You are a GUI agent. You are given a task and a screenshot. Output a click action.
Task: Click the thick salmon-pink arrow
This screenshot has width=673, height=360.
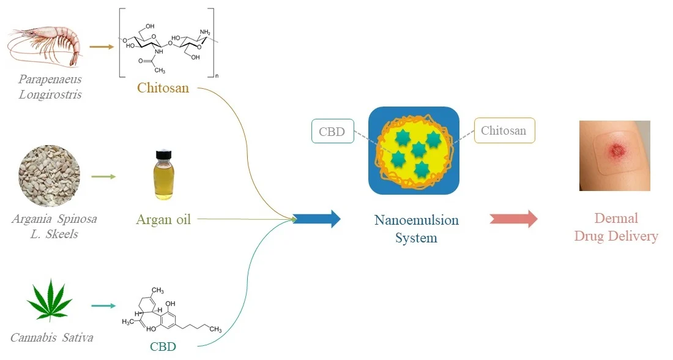(x=513, y=219)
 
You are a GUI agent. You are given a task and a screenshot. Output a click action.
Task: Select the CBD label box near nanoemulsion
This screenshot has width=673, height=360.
(x=332, y=131)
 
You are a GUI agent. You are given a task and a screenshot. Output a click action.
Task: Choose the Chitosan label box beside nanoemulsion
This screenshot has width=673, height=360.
(x=504, y=130)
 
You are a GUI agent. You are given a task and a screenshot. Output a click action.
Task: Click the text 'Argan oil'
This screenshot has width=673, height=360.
(x=163, y=219)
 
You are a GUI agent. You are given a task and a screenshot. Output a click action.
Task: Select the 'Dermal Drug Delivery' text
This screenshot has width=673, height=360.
(x=616, y=227)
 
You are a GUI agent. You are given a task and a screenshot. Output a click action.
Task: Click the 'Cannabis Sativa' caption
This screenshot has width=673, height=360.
(x=52, y=337)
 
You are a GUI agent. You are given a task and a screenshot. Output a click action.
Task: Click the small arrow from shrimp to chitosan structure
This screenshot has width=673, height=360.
(x=102, y=46)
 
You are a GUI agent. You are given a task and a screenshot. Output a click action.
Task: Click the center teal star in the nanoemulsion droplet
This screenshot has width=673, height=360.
(x=418, y=149)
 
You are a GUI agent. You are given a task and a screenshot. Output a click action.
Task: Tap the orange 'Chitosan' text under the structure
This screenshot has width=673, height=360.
(x=163, y=88)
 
